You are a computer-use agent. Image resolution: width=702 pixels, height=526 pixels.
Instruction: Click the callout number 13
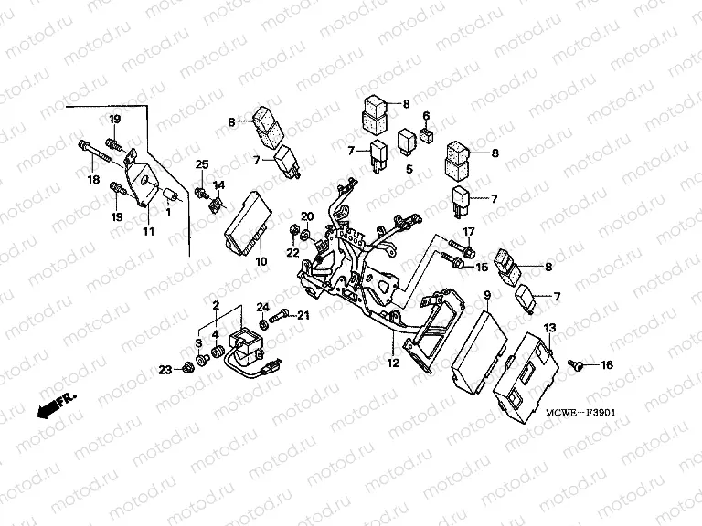[x=549, y=327]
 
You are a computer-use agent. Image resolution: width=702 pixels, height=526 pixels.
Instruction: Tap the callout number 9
[x=487, y=295]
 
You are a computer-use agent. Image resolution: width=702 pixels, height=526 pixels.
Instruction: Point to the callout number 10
[x=261, y=262]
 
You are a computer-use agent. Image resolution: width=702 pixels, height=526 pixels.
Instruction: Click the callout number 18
[x=93, y=181]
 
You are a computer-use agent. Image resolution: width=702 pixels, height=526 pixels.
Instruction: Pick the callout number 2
[x=215, y=303]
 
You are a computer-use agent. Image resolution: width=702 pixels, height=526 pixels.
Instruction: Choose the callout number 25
[x=203, y=163]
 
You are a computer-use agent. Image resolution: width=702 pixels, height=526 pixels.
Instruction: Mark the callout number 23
[x=165, y=369]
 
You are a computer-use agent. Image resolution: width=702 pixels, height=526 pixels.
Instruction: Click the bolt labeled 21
[x=279, y=315]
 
